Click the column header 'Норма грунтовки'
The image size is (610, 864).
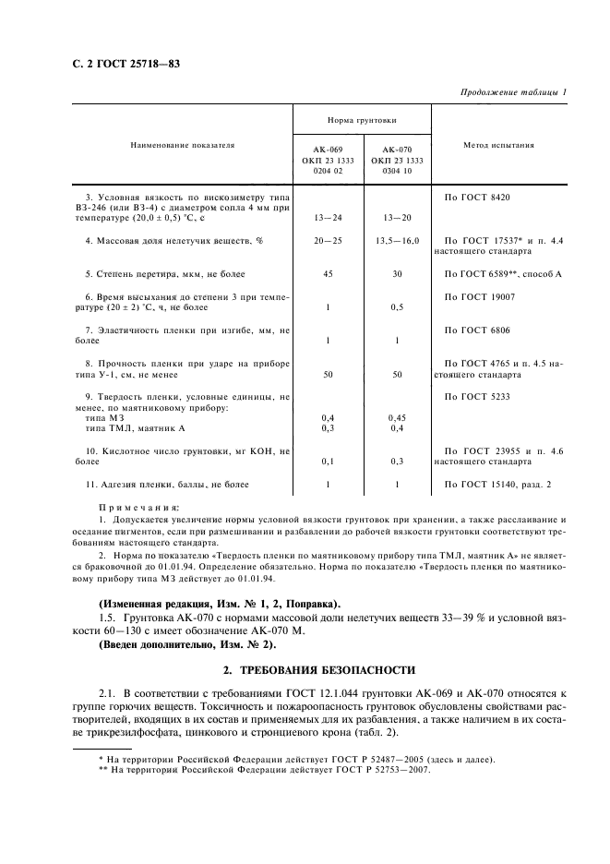point(362,121)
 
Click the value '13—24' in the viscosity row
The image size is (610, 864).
point(329,218)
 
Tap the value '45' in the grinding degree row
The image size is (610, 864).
point(329,274)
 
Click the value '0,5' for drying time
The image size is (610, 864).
point(397,307)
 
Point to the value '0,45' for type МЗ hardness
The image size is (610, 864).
point(397,417)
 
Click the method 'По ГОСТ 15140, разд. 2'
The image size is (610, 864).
point(498,484)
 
